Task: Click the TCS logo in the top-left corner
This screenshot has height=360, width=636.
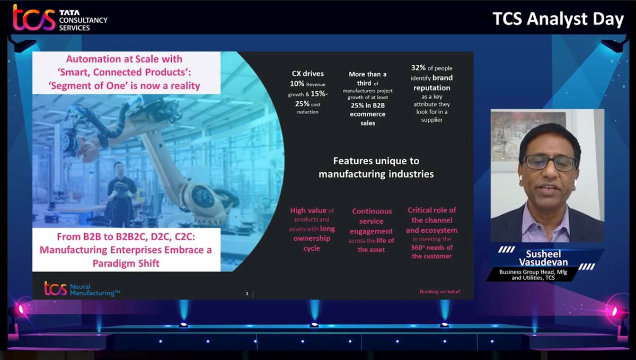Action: coord(34,18)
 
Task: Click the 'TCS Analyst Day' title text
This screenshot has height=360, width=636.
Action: coord(558,19)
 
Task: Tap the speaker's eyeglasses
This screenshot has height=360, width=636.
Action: coord(549,163)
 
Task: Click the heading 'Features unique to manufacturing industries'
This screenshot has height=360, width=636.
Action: coord(376,166)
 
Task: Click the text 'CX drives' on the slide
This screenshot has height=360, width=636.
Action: coord(307,74)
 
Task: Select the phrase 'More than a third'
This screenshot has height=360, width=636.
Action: coord(367,78)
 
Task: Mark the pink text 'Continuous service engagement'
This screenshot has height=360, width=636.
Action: coord(372,221)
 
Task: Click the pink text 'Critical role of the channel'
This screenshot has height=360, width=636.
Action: coord(431,215)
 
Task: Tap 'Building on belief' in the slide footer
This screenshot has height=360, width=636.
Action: coord(439,292)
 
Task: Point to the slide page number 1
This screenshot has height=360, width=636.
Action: coord(247,293)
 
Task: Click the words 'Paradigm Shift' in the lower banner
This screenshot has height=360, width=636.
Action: coord(126,263)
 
